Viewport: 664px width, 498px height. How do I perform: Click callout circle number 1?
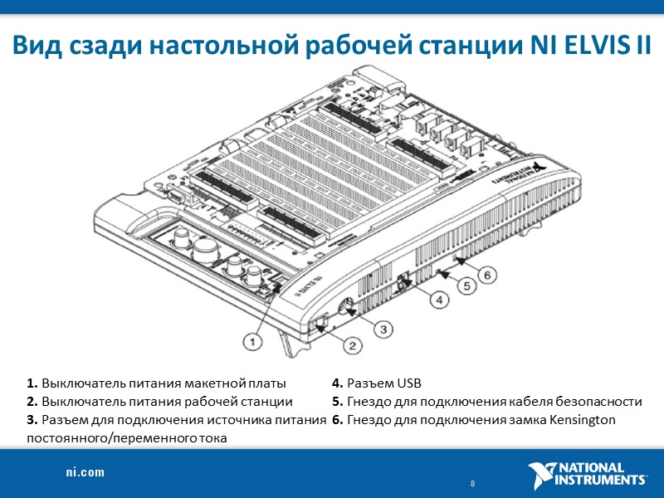pos(253,340)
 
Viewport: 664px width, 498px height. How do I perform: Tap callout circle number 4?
pos(438,300)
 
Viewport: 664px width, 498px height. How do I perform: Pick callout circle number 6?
pos(489,273)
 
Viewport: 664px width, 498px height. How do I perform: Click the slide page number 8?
pos(472,484)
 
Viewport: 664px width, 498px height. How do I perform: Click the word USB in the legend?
pos(408,383)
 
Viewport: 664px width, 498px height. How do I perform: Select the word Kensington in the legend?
pos(583,419)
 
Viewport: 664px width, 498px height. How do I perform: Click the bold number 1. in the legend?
pos(32,383)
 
